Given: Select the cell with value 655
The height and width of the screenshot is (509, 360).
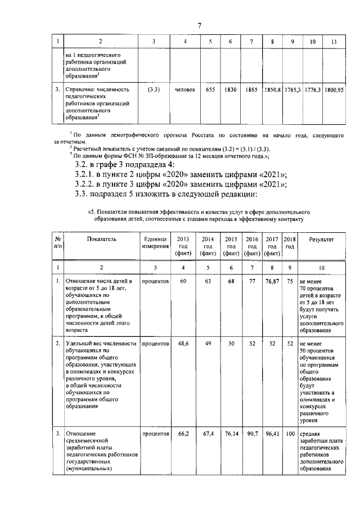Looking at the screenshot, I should pos(210,89).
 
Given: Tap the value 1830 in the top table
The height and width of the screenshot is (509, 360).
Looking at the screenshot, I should pos(231,89).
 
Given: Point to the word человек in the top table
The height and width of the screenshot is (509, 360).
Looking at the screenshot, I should pos(185,89).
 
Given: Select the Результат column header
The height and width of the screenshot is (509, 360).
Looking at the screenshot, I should pos(321,239).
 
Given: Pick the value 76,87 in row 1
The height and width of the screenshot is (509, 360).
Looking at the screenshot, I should pos(272,281).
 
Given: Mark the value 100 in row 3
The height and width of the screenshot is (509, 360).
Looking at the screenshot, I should pos(290,435).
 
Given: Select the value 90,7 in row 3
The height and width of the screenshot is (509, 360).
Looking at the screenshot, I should pos(251,435).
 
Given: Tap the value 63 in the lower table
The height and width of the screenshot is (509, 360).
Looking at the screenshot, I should pos(208,281).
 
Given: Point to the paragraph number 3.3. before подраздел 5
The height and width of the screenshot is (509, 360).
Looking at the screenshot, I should pos(83,195).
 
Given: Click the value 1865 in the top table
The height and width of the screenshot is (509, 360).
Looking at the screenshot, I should pos(251,89).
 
